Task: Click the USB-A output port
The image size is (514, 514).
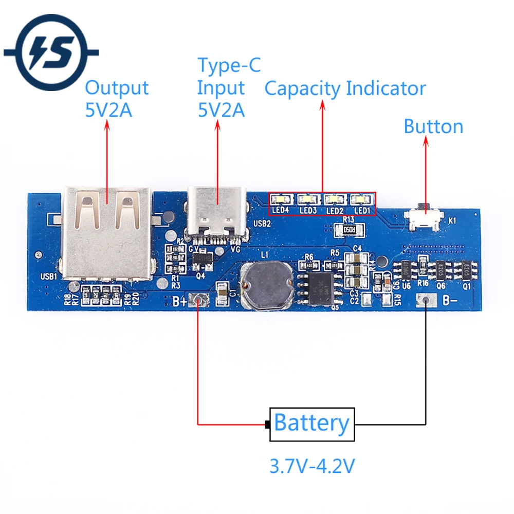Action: click(x=107, y=231)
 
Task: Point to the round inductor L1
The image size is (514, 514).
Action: click(x=266, y=285)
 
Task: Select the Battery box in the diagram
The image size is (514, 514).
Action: click(x=312, y=424)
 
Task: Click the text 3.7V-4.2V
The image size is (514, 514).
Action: click(x=312, y=466)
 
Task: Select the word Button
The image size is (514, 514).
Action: click(x=433, y=126)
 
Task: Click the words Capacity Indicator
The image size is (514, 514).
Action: click(x=345, y=88)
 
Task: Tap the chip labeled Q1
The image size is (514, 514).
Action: click(x=465, y=269)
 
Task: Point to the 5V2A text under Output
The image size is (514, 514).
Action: click(x=108, y=110)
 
